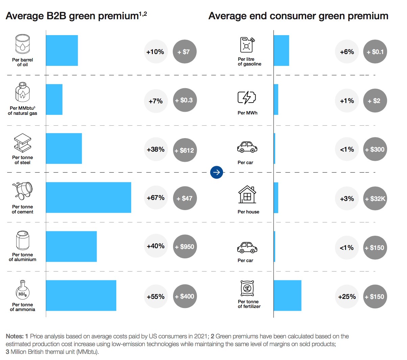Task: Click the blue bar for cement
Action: point(88,198)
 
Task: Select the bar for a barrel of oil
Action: point(62,50)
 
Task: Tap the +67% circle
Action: point(155,198)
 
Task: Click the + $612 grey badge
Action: point(185,150)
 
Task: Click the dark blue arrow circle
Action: point(217,172)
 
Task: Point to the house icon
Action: point(247,195)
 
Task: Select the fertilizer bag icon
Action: point(247,288)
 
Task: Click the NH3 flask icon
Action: point(22,290)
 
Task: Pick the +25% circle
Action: point(347,297)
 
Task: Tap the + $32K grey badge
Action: point(375,199)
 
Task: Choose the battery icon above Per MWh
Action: point(247,98)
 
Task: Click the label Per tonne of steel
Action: point(23,160)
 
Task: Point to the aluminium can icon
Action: point(23,240)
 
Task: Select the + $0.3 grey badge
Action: point(185,100)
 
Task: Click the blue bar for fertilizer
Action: point(287,295)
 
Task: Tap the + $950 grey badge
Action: point(185,247)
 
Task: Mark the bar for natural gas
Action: point(54,100)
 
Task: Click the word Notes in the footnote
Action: point(15,336)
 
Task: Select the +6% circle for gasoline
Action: point(347,52)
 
